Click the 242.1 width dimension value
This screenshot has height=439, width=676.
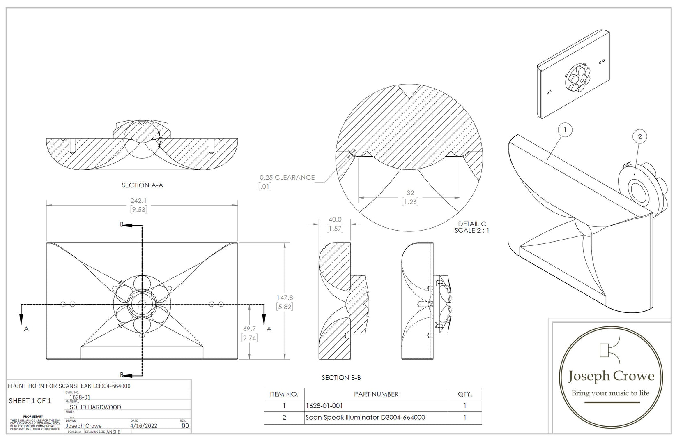138,201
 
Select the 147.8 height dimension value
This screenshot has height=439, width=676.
285,298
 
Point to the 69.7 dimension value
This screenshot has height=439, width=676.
249,329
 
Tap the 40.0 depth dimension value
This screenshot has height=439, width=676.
335,220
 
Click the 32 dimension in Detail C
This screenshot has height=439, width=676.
410,193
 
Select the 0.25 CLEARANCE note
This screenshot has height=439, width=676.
287,178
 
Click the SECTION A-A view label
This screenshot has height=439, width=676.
142,185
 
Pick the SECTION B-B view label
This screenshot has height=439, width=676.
341,378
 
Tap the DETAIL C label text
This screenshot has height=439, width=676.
472,224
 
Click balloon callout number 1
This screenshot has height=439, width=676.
565,130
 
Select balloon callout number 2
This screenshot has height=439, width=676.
639,136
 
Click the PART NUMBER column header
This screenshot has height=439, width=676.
376,394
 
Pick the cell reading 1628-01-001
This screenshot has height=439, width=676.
324,406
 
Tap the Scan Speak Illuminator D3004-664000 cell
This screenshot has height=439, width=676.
365,418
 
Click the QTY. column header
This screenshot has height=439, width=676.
464,394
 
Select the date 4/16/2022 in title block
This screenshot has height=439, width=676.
143,426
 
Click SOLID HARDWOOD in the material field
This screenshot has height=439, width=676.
95,407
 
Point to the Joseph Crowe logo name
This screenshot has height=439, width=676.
611,376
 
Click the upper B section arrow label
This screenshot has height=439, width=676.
122,225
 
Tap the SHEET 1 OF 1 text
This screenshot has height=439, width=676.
30,401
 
